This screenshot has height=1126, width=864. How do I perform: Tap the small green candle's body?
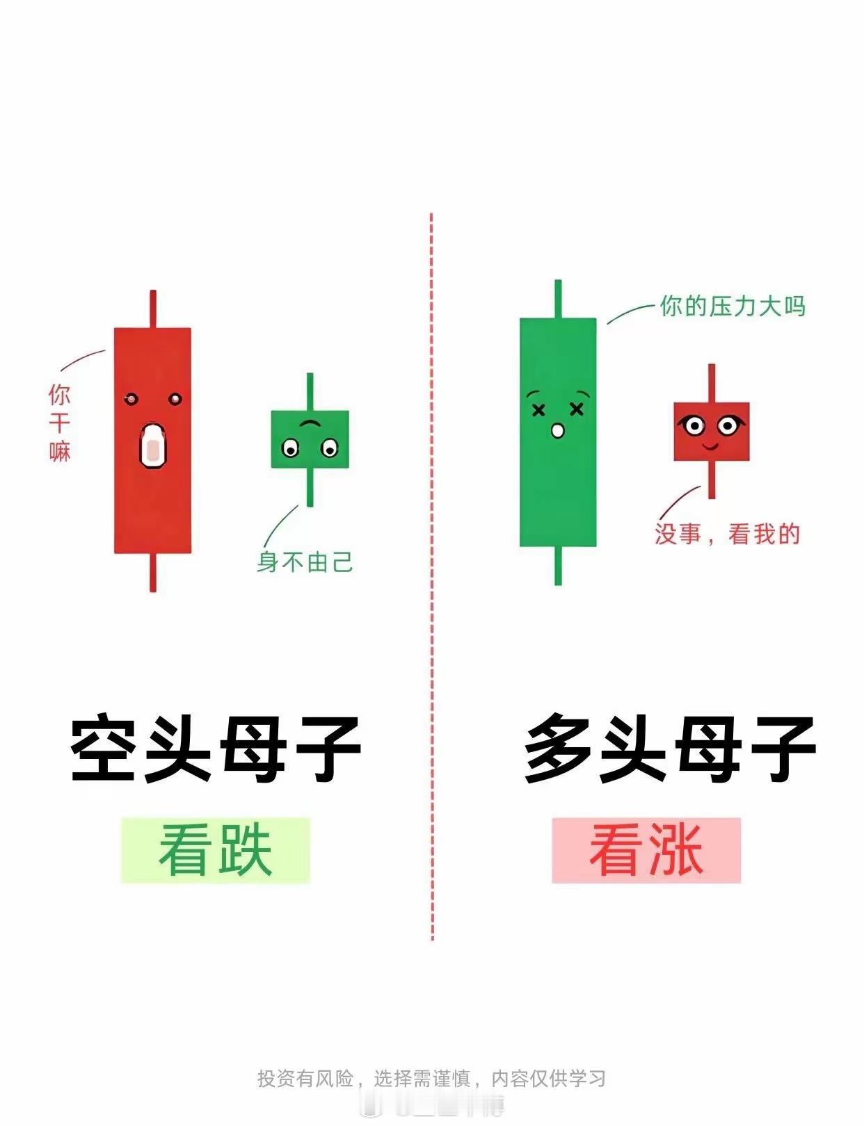coord(310,439)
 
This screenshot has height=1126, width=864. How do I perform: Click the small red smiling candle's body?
coord(711,432)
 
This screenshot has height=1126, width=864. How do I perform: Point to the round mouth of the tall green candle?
coord(557,431)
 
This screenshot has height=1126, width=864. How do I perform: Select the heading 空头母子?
coord(216,749)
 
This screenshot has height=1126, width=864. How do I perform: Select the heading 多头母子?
coord(670,749)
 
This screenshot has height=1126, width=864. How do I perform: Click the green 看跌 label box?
coord(216,851)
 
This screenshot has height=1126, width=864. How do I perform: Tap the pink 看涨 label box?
coord(646,851)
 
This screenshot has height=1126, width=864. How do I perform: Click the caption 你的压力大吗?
coord(733,307)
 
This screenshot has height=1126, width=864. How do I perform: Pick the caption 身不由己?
coord(305,562)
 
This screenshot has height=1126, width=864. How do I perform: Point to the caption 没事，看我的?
coord(728,534)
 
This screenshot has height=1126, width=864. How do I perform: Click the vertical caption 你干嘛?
coord(60,423)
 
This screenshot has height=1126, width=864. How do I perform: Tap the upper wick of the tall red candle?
coord(153,309)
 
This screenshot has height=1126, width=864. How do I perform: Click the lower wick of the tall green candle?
coord(558,566)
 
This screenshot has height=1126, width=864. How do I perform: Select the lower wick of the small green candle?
coord(310,487)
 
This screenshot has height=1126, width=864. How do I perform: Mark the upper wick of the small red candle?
coord(712,383)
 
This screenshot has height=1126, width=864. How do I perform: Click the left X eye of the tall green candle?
coord(538,411)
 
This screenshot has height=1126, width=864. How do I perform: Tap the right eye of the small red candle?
coord(728,425)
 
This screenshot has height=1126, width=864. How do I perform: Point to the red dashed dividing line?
coord(432,577)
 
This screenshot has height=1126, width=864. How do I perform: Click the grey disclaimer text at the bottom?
coord(431,1078)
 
